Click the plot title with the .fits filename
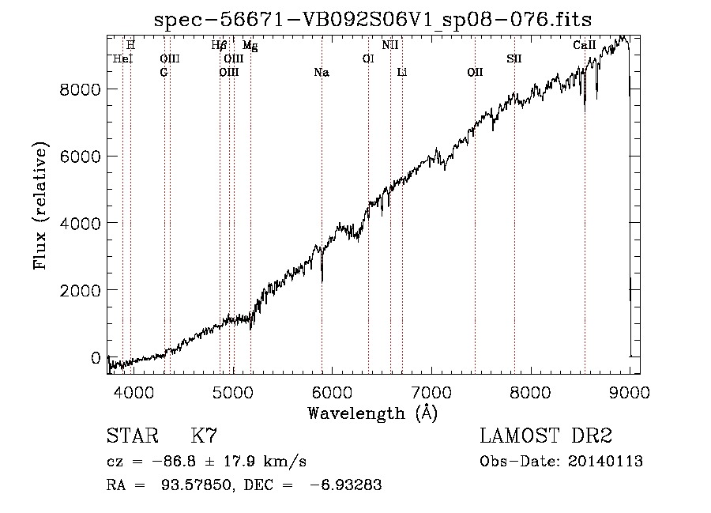tap(373, 21)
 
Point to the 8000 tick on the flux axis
tap(80, 89)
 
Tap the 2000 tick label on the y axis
tap(80, 290)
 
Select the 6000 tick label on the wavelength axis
tap(332, 392)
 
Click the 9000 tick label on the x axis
tap(630, 392)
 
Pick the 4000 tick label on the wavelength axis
tap(134, 392)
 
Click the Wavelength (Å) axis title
tap(373, 413)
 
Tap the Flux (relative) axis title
tap(40, 206)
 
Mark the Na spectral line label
tap(322, 73)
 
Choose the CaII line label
tap(584, 45)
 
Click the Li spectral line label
tap(402, 73)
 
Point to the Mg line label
tap(250, 46)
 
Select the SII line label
tap(514, 59)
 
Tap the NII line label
tap(390, 45)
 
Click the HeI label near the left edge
tap(123, 59)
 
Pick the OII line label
tap(476, 73)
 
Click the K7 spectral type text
tap(204, 436)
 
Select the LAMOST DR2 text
tap(546, 436)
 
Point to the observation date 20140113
tap(605, 462)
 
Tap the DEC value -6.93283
tap(345, 485)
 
